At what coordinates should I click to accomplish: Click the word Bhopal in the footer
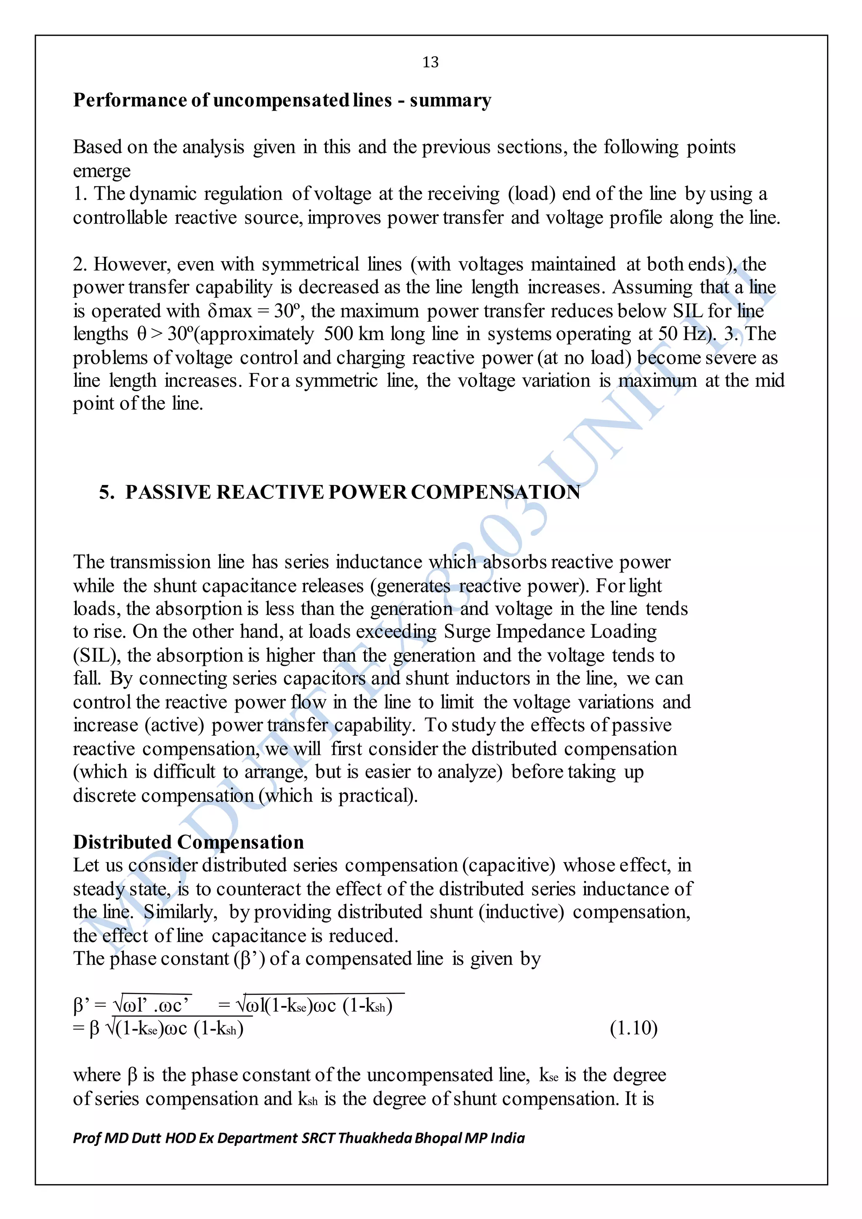pos(438,1138)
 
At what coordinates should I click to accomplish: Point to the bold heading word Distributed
pos(122,842)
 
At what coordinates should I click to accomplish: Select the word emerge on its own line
pos(101,171)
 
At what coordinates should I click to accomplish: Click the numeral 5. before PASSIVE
pos(106,492)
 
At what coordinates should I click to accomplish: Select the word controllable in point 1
pos(120,218)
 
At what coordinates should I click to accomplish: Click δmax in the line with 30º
pos(229,311)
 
